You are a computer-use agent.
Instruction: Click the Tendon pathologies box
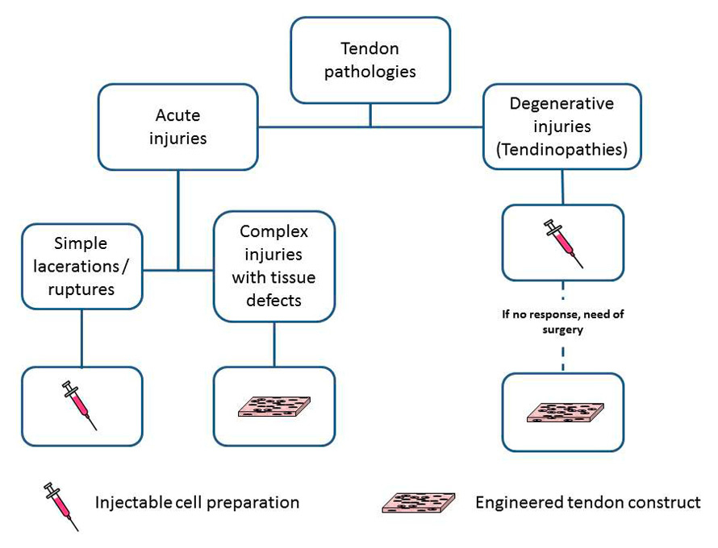click(370, 60)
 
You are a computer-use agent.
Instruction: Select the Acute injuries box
click(177, 127)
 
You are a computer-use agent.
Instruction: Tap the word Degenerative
click(561, 104)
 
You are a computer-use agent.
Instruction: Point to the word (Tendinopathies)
click(561, 149)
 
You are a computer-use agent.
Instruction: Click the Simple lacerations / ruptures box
click(81, 266)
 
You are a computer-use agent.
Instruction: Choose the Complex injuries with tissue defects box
click(273, 266)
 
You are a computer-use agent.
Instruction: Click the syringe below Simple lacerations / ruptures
click(81, 405)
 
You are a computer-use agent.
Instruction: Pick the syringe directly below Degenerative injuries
click(562, 241)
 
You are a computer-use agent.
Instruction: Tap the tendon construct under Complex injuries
click(273, 405)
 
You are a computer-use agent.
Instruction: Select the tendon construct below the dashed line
click(562, 411)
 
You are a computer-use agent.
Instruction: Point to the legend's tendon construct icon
click(418, 503)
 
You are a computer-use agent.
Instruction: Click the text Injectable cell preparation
click(198, 503)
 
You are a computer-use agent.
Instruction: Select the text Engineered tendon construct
click(588, 503)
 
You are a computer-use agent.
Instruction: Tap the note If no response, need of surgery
click(562, 322)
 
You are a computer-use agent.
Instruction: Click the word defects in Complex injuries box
click(273, 300)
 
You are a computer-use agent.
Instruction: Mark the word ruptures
click(81, 288)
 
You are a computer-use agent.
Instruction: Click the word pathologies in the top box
click(370, 72)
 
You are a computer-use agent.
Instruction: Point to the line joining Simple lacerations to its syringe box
click(81, 338)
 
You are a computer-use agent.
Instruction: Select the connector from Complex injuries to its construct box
click(274, 344)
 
